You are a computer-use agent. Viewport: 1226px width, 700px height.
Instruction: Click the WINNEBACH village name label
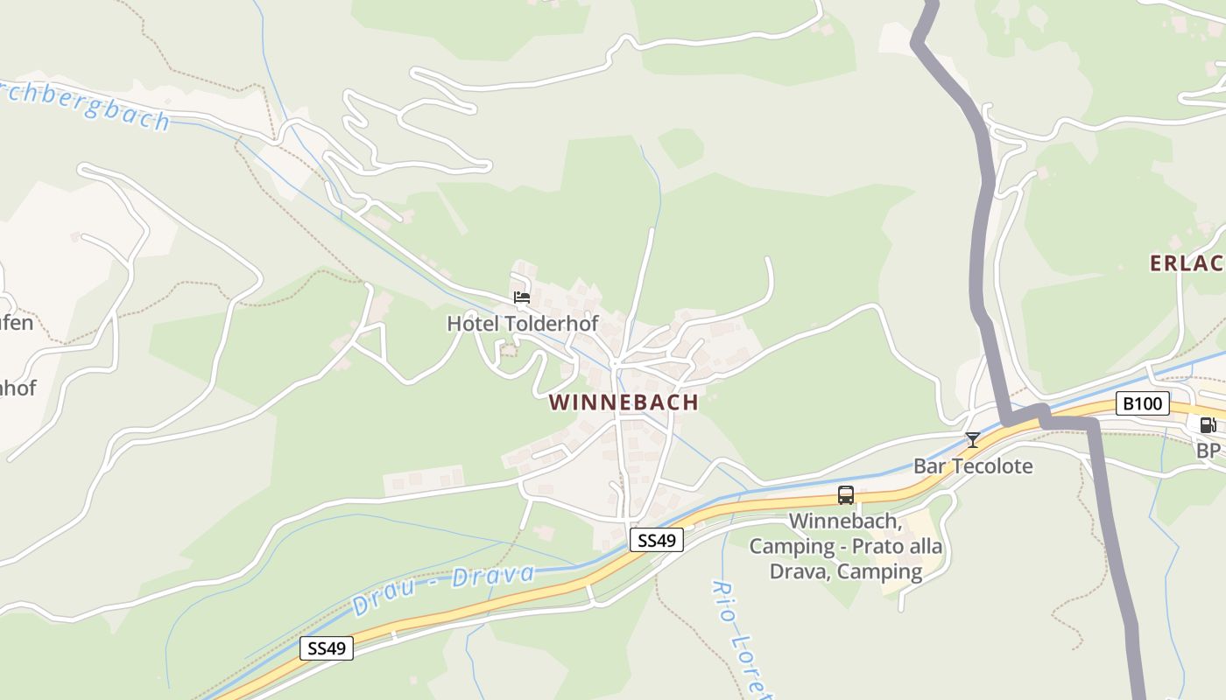624,402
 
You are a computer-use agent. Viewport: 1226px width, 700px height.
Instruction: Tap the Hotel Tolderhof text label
523,324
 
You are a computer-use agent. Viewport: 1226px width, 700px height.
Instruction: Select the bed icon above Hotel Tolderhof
522,297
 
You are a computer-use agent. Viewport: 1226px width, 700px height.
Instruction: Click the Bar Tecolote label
973,465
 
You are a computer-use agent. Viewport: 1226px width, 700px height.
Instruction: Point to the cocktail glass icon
972,439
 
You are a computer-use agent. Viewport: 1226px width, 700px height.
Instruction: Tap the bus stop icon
846,495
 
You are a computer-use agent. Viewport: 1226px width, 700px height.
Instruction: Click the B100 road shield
1143,403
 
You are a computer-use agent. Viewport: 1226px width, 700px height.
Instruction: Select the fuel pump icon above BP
1208,426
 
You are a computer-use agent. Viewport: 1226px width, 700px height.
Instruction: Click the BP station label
1208,451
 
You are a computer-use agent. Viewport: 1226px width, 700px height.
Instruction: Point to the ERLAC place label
1187,263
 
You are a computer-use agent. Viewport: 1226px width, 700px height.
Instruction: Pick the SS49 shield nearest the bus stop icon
657,541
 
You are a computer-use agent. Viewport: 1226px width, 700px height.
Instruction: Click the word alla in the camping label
925,547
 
